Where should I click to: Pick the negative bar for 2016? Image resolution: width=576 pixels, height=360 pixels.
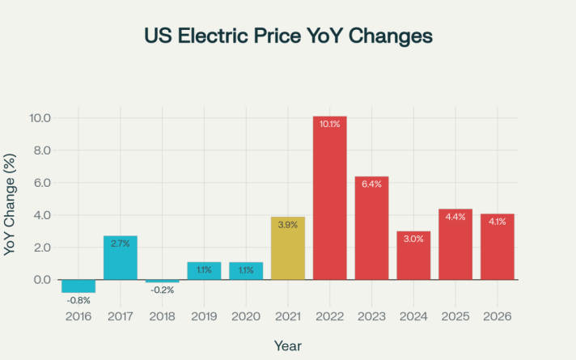point(78,286)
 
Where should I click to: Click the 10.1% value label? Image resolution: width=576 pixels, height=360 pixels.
point(329,125)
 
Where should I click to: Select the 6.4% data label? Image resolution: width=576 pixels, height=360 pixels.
point(371,184)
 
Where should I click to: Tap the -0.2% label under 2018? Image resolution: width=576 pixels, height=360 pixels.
point(162,290)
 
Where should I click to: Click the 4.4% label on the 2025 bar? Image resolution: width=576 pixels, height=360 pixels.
point(455,217)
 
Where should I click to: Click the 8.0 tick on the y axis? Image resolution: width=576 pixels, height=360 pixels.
point(40,150)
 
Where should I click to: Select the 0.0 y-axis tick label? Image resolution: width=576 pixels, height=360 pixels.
point(40,280)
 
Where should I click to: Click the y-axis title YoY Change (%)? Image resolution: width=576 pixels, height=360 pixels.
point(11,207)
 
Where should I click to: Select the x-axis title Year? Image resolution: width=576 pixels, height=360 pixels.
point(288,345)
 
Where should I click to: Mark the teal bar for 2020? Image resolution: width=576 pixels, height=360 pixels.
point(246,270)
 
